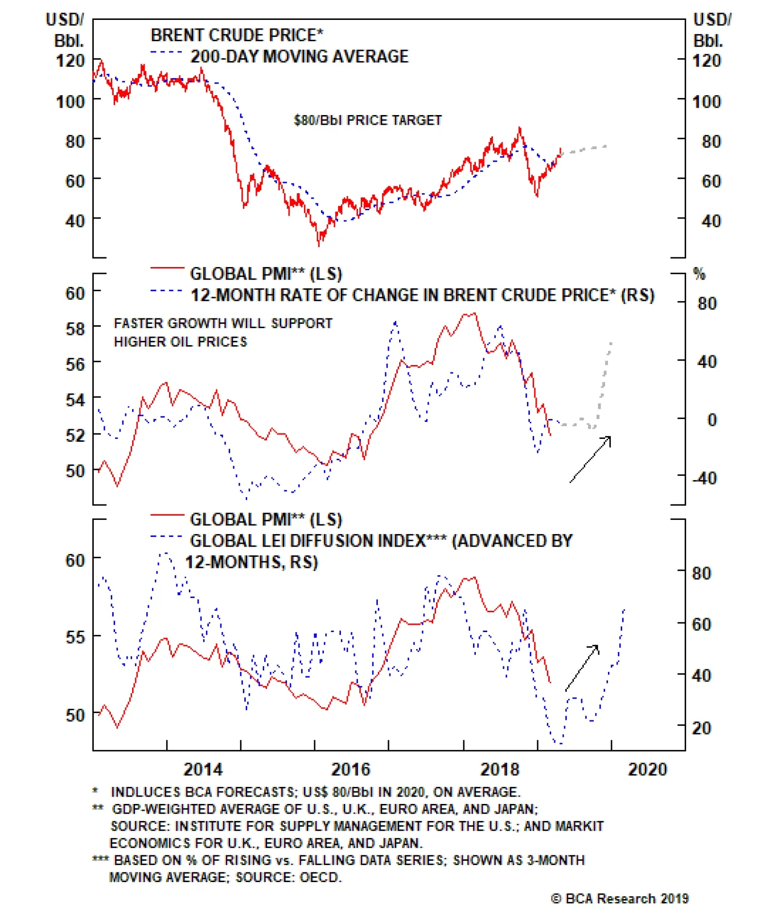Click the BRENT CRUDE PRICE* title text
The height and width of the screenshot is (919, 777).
coord(236,35)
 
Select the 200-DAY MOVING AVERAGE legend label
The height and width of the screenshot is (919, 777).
coord(299,56)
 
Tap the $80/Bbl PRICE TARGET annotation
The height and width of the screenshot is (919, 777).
coord(368,120)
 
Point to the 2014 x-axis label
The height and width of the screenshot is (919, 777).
coord(203,769)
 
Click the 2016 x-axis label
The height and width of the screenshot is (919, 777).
coord(351,769)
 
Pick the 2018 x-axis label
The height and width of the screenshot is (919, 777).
coord(499,769)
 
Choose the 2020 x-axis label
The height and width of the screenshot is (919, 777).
coord(647,769)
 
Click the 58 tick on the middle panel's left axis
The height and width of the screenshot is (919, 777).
coord(75,329)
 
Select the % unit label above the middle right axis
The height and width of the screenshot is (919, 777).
coord(699,274)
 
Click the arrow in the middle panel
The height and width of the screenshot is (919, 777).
coord(591,459)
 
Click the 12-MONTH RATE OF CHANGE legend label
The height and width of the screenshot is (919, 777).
coord(422,295)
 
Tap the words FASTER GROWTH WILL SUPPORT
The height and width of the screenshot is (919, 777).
coord(223,323)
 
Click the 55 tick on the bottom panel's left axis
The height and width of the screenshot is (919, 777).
coord(75,637)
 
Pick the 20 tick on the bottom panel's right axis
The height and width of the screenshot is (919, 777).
coord(701,728)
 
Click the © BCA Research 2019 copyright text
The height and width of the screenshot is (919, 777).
coord(620,899)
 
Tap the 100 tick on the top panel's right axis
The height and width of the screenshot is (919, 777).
coord(707,101)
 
